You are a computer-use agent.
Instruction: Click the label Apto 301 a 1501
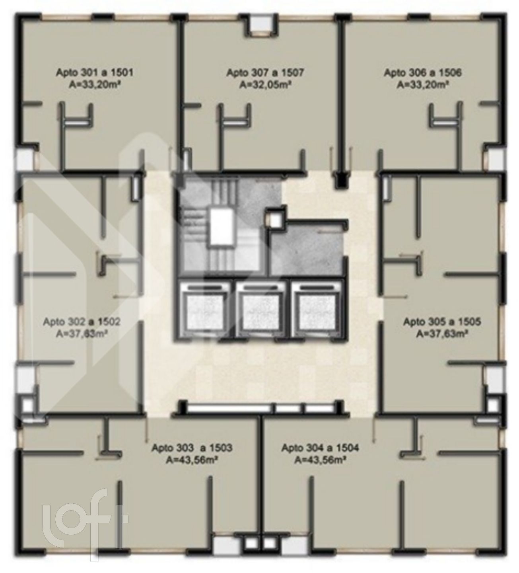click(95, 72)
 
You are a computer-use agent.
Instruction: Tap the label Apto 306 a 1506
click(423, 72)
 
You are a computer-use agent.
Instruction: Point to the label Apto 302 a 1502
click(82, 322)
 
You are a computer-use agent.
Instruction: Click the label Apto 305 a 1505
click(442, 322)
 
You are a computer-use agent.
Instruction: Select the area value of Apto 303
click(192, 460)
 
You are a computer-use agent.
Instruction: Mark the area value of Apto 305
click(442, 334)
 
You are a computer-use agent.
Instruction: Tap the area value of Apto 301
click(95, 85)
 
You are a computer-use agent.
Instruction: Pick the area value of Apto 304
click(320, 460)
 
